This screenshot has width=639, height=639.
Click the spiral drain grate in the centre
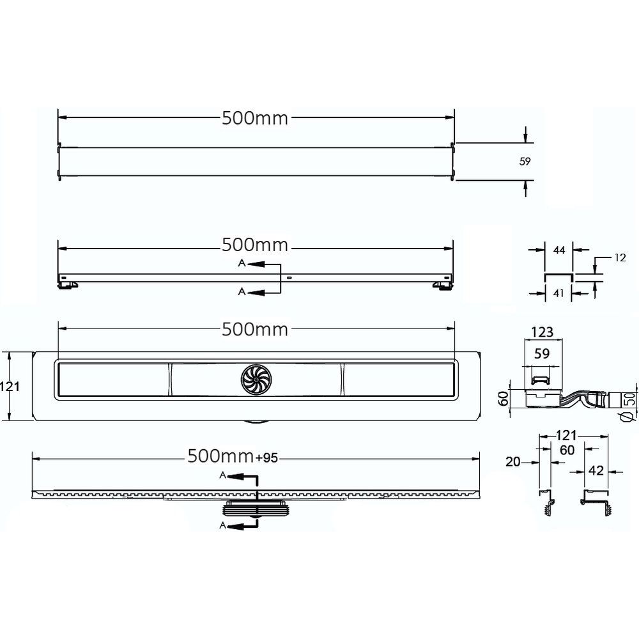click(x=256, y=380)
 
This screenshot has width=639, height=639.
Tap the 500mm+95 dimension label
click(x=233, y=456)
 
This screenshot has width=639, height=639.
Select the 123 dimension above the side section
click(x=542, y=332)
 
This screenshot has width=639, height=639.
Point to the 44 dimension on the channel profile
click(x=559, y=250)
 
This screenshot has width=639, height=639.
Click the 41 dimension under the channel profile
click(x=558, y=293)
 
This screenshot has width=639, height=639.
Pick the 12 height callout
click(x=620, y=258)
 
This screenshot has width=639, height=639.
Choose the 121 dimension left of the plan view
click(x=10, y=386)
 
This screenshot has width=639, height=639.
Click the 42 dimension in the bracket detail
click(x=596, y=471)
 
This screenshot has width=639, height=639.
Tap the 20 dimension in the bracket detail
click(x=513, y=462)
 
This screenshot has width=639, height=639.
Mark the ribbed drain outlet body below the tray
click(x=256, y=509)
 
